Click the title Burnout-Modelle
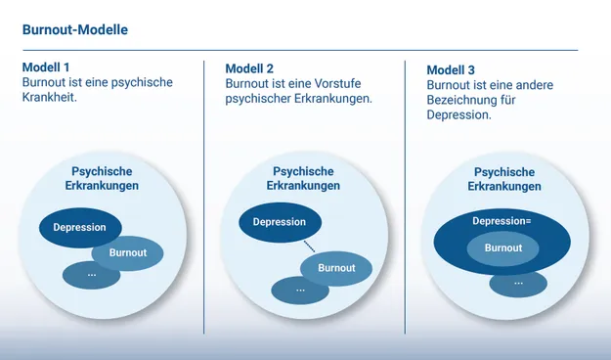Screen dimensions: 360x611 point(74,30)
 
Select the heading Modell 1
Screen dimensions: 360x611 point(46,67)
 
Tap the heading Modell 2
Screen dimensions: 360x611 point(249,68)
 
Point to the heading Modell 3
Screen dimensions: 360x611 point(452,70)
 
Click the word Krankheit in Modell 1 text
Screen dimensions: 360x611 point(49,99)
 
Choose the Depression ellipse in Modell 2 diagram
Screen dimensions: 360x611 point(279,222)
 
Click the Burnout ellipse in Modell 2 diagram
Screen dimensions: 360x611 point(337,268)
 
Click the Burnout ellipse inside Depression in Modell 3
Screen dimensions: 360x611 point(502,248)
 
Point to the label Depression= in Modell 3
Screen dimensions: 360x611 point(502,221)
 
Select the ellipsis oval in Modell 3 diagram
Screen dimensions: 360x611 point(518,284)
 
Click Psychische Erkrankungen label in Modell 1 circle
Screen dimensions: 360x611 point(102,178)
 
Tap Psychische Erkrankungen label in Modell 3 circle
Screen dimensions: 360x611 point(503,179)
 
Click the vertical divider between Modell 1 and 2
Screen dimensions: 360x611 point(204,196)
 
